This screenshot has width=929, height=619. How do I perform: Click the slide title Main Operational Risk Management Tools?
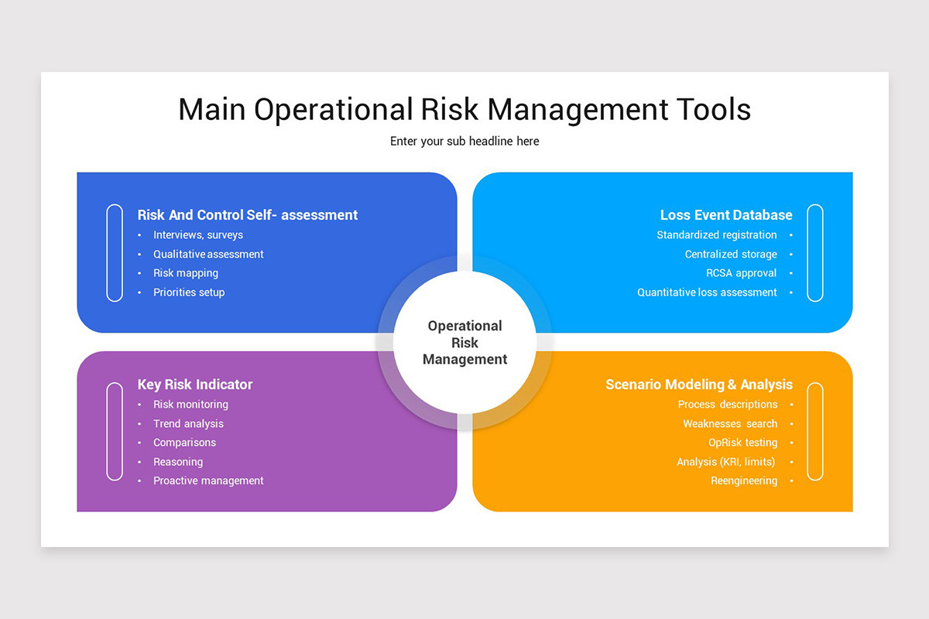click(x=464, y=110)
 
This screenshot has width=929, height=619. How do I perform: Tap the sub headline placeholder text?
click(x=464, y=142)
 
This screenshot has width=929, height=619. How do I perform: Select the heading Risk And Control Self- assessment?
click(x=248, y=215)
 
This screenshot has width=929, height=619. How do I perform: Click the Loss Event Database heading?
click(x=726, y=215)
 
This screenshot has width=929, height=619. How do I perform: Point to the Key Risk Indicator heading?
click(x=195, y=385)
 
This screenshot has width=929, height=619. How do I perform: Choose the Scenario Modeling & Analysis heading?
click(x=699, y=385)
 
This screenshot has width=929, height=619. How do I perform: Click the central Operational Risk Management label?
click(x=464, y=342)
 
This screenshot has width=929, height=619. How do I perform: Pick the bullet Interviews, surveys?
click(x=198, y=235)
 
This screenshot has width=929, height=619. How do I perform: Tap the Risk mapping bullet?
click(x=186, y=273)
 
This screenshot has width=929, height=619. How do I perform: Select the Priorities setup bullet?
click(x=189, y=292)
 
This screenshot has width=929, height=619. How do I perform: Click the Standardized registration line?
click(x=717, y=235)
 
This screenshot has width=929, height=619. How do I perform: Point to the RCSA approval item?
click(x=741, y=273)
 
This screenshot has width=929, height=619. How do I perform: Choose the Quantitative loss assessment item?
click(x=707, y=292)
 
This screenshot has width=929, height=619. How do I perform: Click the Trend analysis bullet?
click(x=188, y=424)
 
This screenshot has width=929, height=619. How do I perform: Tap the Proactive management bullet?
click(x=208, y=481)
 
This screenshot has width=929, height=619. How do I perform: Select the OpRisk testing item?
click(x=742, y=443)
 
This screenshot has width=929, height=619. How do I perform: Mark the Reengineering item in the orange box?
click(x=744, y=481)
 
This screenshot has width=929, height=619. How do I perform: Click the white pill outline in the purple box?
click(x=115, y=431)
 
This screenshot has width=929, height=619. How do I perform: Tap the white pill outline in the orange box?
click(x=814, y=431)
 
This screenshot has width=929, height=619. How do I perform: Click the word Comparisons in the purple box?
click(x=184, y=443)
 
